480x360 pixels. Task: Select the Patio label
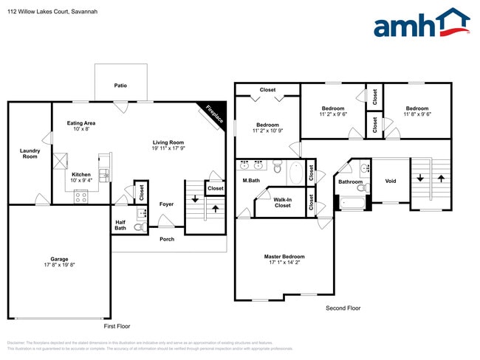(120, 86)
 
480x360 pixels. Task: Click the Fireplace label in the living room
(214, 114)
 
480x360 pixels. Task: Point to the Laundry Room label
(30, 153)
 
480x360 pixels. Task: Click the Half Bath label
(120, 225)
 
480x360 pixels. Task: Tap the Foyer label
(166, 204)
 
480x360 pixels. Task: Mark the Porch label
(166, 239)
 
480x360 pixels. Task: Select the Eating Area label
(81, 123)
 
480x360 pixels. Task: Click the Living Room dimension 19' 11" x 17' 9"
(168, 149)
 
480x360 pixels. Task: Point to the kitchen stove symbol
(80, 197)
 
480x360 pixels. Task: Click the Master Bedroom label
(284, 257)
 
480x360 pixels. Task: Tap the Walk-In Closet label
(282, 202)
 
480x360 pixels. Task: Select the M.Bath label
(251, 181)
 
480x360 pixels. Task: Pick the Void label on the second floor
(391, 181)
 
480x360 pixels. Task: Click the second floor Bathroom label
(350, 181)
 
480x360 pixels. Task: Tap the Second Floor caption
(343, 308)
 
